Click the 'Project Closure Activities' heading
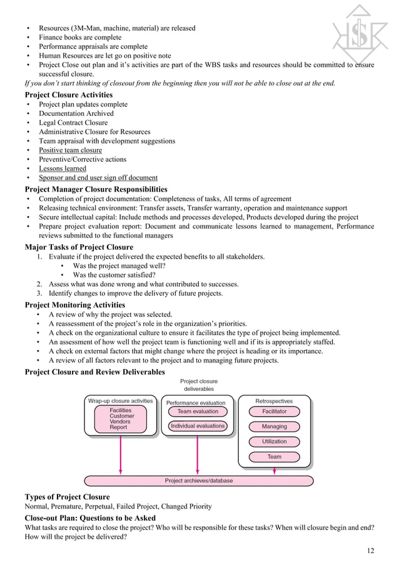pyautogui.click(x=68, y=95)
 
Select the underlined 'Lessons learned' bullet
pyautogui.click(x=63, y=168)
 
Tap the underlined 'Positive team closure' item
pyautogui.click(x=70, y=150)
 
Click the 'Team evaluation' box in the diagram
pyautogui.click(x=198, y=412)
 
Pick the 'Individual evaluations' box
pyautogui.click(x=198, y=426)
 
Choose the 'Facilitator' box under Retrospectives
pyautogui.click(x=275, y=412)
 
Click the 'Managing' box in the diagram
pyautogui.click(x=275, y=427)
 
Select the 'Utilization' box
pyautogui.click(x=275, y=442)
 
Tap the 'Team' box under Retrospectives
pyautogui.click(x=275, y=457)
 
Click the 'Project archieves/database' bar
pyautogui.click(x=199, y=481)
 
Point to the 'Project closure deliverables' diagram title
pyautogui.click(x=199, y=385)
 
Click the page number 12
pyautogui.click(x=370, y=551)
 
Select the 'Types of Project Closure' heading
pyautogui.click(x=67, y=497)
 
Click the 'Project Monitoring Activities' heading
pyautogui.click(x=74, y=305)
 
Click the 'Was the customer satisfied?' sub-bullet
pyautogui.click(x=114, y=275)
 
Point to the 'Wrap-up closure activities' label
pyautogui.click(x=121, y=401)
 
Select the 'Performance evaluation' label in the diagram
pyautogui.click(x=196, y=403)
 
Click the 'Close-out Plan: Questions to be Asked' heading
pyautogui.click(x=89, y=518)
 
